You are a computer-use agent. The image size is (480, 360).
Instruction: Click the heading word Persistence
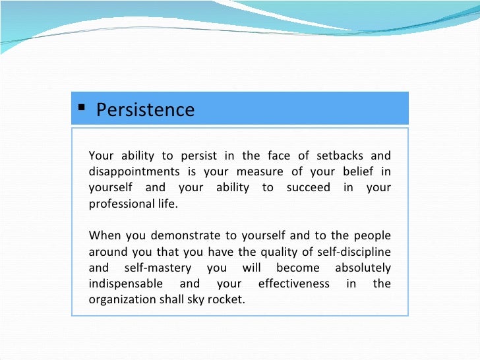[145, 109]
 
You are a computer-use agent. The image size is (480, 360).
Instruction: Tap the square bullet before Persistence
[81, 108]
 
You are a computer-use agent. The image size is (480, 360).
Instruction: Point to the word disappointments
[136, 172]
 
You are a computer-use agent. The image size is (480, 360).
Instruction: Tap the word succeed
[309, 188]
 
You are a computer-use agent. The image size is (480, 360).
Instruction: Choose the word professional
[121, 204]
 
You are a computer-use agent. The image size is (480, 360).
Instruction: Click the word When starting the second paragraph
[104, 236]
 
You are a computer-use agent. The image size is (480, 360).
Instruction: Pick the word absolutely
[363, 268]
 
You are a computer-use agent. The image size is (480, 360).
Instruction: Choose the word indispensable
[124, 284]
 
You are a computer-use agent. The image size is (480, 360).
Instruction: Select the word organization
[122, 299]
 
